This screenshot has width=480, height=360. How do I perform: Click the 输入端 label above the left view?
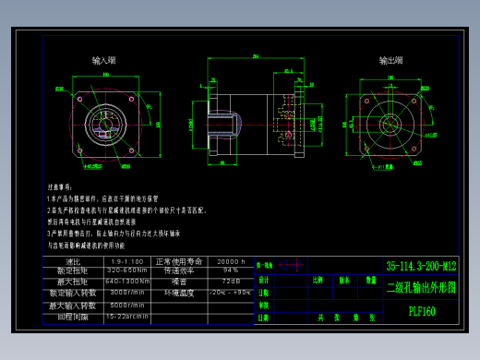click(104, 60)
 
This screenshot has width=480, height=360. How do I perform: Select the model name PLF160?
click(422, 311)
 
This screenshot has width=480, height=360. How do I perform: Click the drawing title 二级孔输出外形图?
click(421, 287)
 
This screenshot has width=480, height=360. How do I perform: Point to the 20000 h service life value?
click(230, 261)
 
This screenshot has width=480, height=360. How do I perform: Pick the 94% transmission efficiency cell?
click(230, 271)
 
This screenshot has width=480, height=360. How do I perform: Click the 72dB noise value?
click(230, 282)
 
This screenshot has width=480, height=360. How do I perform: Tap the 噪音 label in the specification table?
click(179, 282)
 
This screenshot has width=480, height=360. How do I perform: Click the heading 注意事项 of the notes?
click(59, 186)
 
